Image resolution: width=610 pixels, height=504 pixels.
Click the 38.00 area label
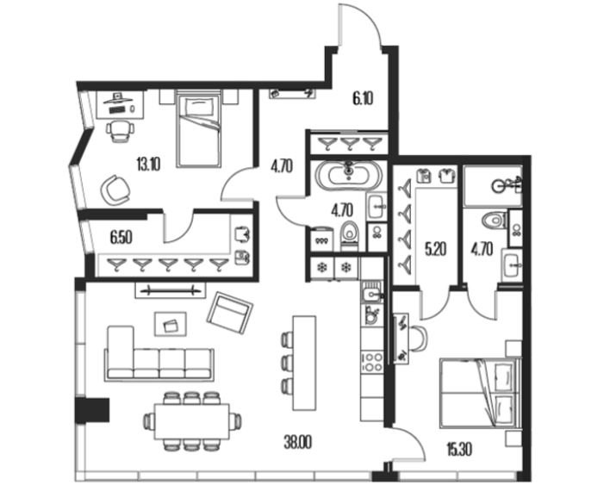coord(297,443)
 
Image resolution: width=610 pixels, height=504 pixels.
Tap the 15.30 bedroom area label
coord(459,450)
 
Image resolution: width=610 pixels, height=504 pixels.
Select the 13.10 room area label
coord(148,165)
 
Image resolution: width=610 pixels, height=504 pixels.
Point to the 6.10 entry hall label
coord(363,99)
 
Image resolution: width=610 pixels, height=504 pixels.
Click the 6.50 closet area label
coord(121,237)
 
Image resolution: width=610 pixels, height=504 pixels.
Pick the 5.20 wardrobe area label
coord(435,249)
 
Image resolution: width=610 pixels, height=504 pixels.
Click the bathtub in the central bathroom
coord(349,174)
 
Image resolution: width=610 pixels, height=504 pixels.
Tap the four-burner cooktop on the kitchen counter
coord(372,362)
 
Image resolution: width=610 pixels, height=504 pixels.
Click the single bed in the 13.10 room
coord(198,128)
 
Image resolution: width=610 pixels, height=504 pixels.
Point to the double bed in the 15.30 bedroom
coord(480,393)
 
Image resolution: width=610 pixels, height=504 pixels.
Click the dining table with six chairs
coord(192,421)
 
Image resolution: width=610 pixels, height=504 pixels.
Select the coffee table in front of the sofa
coord(171,324)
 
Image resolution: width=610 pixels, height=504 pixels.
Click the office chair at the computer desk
coord(120,131)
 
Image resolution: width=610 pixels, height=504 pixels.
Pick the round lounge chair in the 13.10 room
coord(115,190)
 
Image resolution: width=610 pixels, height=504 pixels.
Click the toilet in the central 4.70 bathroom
coord(349,236)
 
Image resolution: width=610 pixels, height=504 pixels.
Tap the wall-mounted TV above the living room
coord(171,290)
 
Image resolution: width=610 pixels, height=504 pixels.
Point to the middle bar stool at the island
coord(287,362)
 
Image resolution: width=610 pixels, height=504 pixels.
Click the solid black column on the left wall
coord(92,410)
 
